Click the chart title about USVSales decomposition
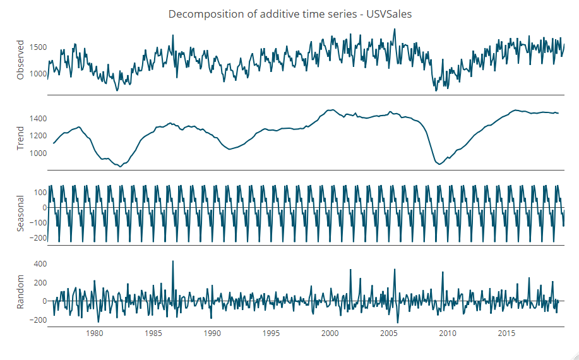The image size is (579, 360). pos(290,14)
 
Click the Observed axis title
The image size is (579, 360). pos(20,60)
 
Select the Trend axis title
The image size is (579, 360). pos(20,138)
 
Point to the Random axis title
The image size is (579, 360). pos(20,292)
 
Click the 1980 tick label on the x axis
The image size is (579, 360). pos(94,333)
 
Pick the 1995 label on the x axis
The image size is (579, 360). pos(271,333)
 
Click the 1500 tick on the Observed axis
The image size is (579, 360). pos(37,47)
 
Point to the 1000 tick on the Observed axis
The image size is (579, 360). pos(37,74)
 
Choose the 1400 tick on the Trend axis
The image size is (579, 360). pos(37,119)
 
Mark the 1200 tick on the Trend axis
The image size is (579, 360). pos(37,136)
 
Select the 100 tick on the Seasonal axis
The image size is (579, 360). pos(40,193)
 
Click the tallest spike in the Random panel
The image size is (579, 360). pos(172,261)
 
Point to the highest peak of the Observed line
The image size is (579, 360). pos(395,29)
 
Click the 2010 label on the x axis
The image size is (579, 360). pos(448,333)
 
